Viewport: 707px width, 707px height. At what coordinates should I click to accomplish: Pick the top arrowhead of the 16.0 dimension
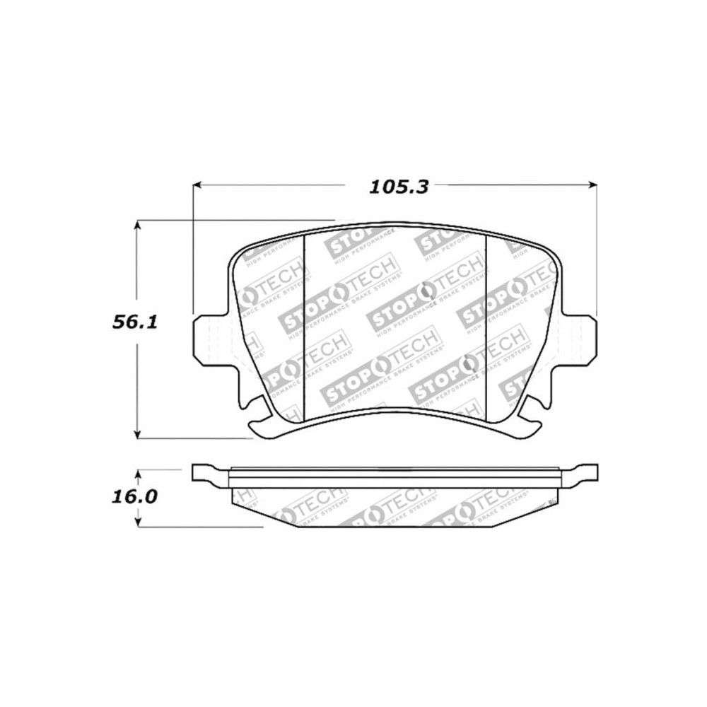coord(139,473)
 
